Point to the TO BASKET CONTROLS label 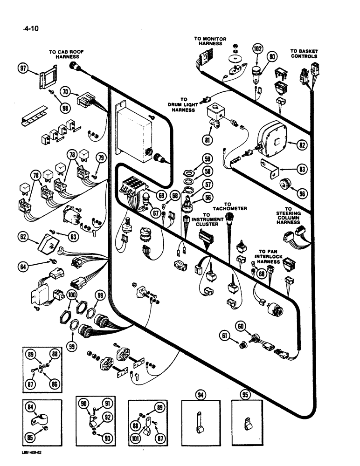pos(304,54)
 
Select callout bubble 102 pos(257,49)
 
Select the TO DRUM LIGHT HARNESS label pos(182,105)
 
